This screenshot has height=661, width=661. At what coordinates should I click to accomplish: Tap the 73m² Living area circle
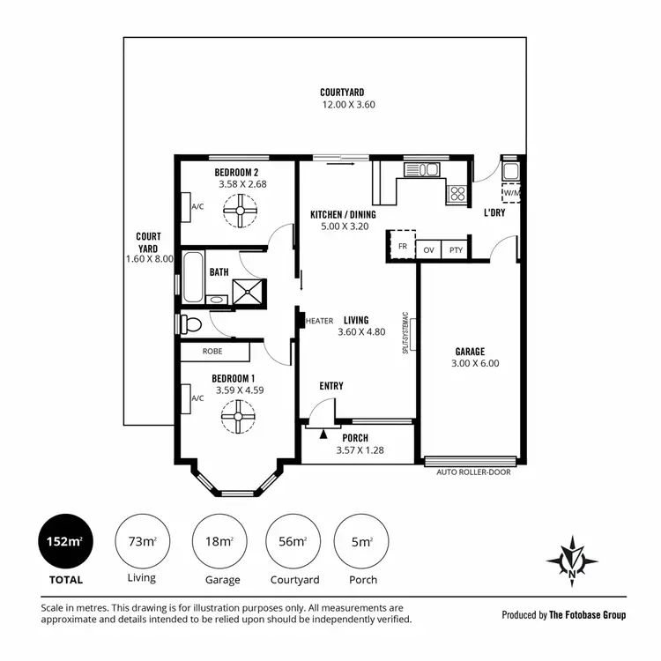tap(142, 541)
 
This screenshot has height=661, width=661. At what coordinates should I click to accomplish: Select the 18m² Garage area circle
tap(219, 541)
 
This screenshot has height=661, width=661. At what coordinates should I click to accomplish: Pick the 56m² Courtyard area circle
tap(293, 541)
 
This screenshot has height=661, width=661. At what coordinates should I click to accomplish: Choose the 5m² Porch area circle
tap(362, 541)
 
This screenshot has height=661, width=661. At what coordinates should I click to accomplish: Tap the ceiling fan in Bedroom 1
tap(238, 415)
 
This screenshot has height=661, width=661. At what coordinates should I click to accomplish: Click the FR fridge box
tap(402, 247)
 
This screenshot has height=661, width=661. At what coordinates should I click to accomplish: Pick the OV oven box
tap(428, 250)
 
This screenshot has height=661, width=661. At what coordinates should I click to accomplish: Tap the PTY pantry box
tap(455, 250)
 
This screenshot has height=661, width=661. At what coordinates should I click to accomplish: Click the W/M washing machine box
tap(512, 194)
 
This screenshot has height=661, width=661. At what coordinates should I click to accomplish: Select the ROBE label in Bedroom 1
tap(212, 351)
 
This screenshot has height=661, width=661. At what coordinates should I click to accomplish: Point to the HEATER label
tap(318, 321)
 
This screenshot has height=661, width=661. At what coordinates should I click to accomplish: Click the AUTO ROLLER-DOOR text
tap(473, 472)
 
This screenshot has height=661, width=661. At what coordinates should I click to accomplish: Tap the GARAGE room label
tap(470, 352)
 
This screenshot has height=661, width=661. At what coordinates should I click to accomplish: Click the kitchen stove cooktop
tap(457, 194)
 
